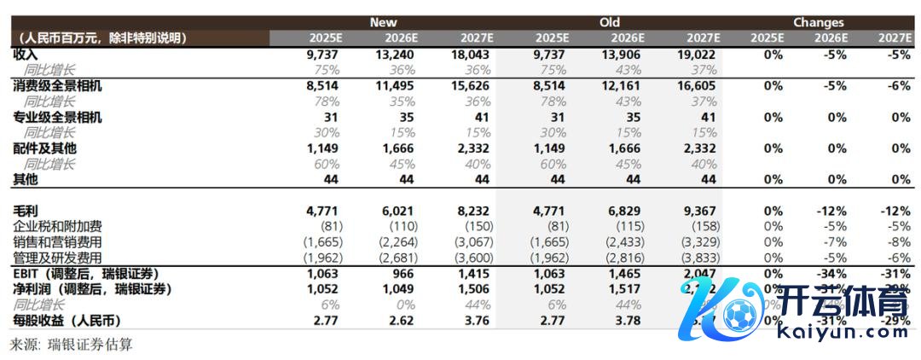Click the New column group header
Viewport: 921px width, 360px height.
pyautogui.click(x=383, y=22)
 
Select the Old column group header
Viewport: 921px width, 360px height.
pyautogui.click(x=609, y=22)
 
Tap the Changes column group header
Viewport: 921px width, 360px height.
pyautogui.click(x=818, y=22)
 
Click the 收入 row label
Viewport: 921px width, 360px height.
pyautogui.click(x=26, y=54)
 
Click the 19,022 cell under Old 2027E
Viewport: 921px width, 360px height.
pyautogui.click(x=698, y=54)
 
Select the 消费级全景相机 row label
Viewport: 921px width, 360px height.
pyautogui.click(x=57, y=85)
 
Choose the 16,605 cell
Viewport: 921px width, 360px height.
pyautogui.click(x=698, y=85)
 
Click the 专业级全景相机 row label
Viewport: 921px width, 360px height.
pyautogui.click(x=57, y=117)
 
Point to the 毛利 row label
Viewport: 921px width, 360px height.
pyautogui.click(x=26, y=210)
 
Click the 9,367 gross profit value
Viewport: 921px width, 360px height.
pyautogui.click(x=702, y=210)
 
